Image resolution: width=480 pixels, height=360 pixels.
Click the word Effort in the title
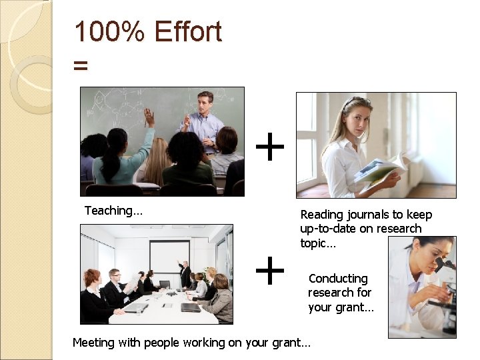click(x=188, y=32)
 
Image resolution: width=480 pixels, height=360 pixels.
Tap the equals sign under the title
click(x=81, y=65)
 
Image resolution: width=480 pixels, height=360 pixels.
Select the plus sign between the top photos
click(x=270, y=147)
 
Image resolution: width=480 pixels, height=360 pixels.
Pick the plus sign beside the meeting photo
click(x=270, y=271)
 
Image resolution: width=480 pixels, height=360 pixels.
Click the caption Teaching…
click(x=113, y=211)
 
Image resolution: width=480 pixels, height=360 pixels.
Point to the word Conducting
click(x=338, y=278)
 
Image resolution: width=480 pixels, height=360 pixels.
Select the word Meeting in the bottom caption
click(x=94, y=343)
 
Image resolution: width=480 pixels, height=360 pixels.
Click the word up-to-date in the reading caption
click(x=327, y=229)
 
